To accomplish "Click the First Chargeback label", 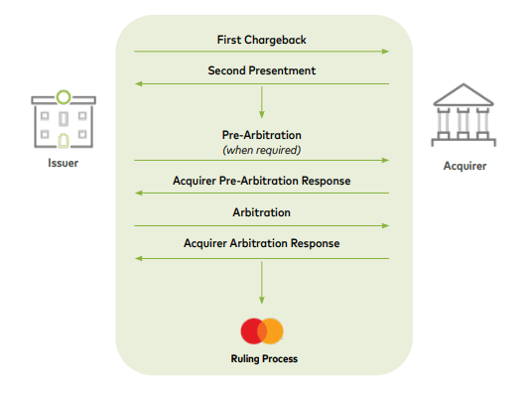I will coord(261,40).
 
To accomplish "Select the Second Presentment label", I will coord(261,70).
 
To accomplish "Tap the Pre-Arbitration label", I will coord(261,135).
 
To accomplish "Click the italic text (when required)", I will coord(261,150).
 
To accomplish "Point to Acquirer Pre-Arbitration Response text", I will coord(261,182).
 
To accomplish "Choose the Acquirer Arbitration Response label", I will coord(261,243).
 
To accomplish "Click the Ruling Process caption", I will coord(262,358).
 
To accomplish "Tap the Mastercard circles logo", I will coord(262,330).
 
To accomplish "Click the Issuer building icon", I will coord(63,121).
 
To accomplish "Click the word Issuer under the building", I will coord(62,163).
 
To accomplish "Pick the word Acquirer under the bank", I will coord(464,166).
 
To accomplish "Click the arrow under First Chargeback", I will coord(261,52).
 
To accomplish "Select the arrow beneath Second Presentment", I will coord(261,83).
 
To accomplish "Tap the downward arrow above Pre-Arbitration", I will coord(262,102).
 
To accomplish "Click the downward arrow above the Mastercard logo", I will coord(262,284).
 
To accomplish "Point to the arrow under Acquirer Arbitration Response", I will coord(261,258).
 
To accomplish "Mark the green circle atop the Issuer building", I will coord(63,96).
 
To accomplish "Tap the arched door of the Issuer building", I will coord(63,139).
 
